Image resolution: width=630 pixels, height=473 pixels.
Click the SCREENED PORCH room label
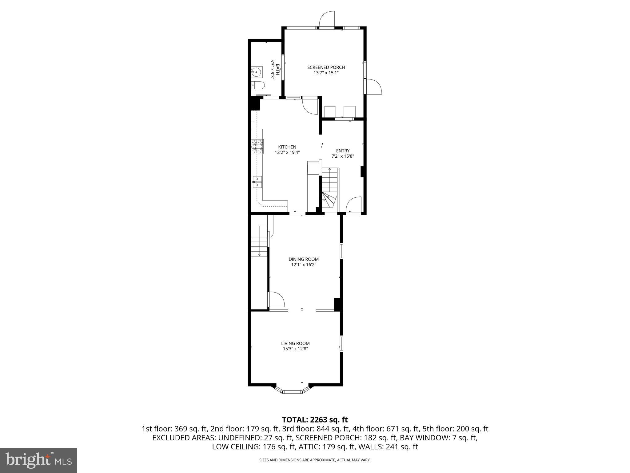coord(326,67)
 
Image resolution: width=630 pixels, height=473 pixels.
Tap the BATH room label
coord(277,70)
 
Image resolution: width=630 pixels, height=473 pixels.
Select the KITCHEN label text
coord(287,147)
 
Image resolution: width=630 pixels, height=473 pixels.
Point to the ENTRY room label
coord(343,151)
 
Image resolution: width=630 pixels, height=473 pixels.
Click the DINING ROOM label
coord(303,259)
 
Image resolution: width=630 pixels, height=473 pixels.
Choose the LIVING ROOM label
coord(295,343)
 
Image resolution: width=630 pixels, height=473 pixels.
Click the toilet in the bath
coord(258,85)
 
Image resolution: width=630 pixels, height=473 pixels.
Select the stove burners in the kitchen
coord(258,147)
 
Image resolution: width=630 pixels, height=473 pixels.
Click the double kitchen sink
coord(257,182)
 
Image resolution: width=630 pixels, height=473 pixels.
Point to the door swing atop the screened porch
coord(327,19)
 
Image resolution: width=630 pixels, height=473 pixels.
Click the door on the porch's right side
coord(373,87)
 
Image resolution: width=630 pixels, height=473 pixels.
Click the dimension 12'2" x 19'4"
coord(287,152)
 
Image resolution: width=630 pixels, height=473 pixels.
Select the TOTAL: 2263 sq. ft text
coord(315,419)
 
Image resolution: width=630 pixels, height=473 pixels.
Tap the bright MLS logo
coord(38,460)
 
